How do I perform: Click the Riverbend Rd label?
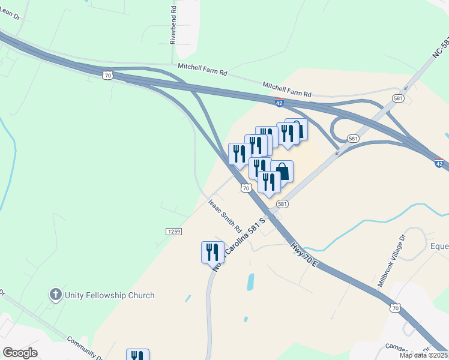pos(173,26)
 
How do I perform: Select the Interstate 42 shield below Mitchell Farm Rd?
pos(279,103)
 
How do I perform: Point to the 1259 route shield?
pos(173,231)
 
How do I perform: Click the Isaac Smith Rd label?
pos(224,216)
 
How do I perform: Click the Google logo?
pos(20,353)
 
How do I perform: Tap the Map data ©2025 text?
pos(423,355)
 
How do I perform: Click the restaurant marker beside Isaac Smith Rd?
pos(212,252)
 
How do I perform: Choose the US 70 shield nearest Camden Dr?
pos(394,308)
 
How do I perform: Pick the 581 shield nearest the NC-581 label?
pos(398,97)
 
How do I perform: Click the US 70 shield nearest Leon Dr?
pos(107,75)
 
